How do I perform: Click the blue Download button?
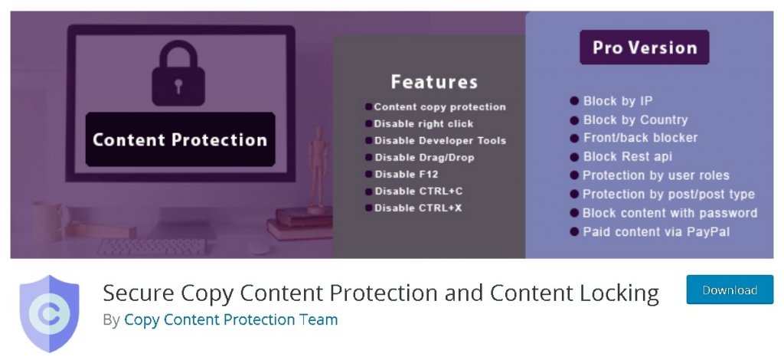coord(730,290)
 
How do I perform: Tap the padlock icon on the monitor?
coord(178,74)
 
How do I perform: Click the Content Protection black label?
coord(180,139)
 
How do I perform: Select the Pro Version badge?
coord(644,47)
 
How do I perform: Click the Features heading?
coord(434,82)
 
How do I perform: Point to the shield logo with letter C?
coord(49,313)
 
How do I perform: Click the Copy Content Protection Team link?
coord(231,319)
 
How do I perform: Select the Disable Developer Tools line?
coord(436,140)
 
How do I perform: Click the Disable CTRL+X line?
coord(413,208)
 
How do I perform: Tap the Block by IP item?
coord(611,101)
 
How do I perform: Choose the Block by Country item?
coord(629,120)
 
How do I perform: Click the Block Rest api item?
coord(621,156)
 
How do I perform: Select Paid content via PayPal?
coord(650,232)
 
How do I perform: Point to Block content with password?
coord(664,213)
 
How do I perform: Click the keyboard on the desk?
coord(152,246)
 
